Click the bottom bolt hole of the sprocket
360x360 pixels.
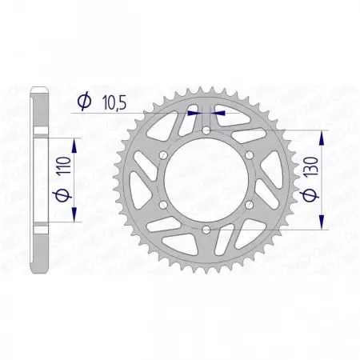tap(206, 230)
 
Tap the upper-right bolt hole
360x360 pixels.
tap(249, 156)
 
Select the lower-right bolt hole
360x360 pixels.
tap(249, 206)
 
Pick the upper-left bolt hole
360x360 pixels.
tap(162, 156)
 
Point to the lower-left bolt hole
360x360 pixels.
tap(162, 206)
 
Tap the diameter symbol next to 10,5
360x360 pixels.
tap(83, 101)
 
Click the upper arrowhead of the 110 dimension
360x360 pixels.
tap(74, 142)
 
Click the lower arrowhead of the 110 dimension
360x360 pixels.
tap(74, 217)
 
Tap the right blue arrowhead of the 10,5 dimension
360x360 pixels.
tap(219, 113)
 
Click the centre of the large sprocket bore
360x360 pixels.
tap(206, 181)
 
